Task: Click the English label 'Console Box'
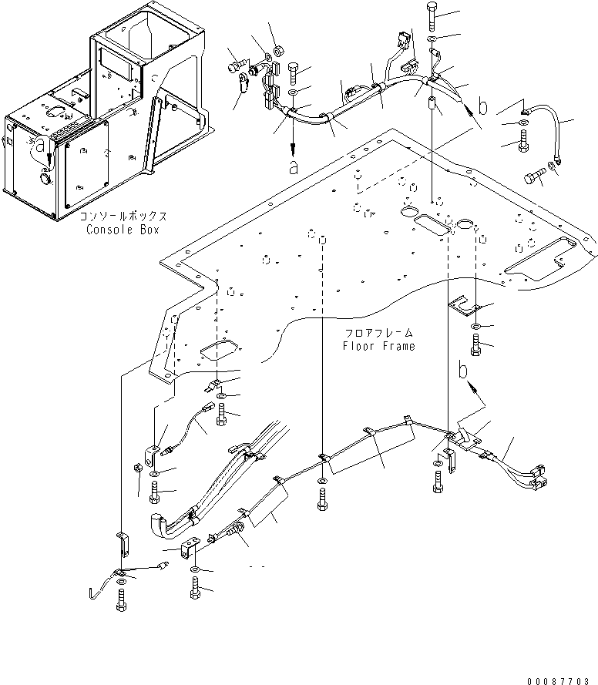coord(123,230)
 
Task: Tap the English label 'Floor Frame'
coord(378,346)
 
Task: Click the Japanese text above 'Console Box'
coord(123,217)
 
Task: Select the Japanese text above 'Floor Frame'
coord(378,334)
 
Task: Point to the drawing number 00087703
coord(557,680)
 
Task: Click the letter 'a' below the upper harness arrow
coord(294,166)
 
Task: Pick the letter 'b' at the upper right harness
coord(482,106)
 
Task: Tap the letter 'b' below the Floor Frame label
coord(463,370)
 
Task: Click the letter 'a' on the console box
coord(40,146)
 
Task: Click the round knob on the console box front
coord(45,178)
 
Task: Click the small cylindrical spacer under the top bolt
coord(432,105)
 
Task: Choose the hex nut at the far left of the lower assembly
coord(136,468)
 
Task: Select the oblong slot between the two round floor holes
coord(432,224)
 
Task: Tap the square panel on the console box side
coord(86,166)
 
